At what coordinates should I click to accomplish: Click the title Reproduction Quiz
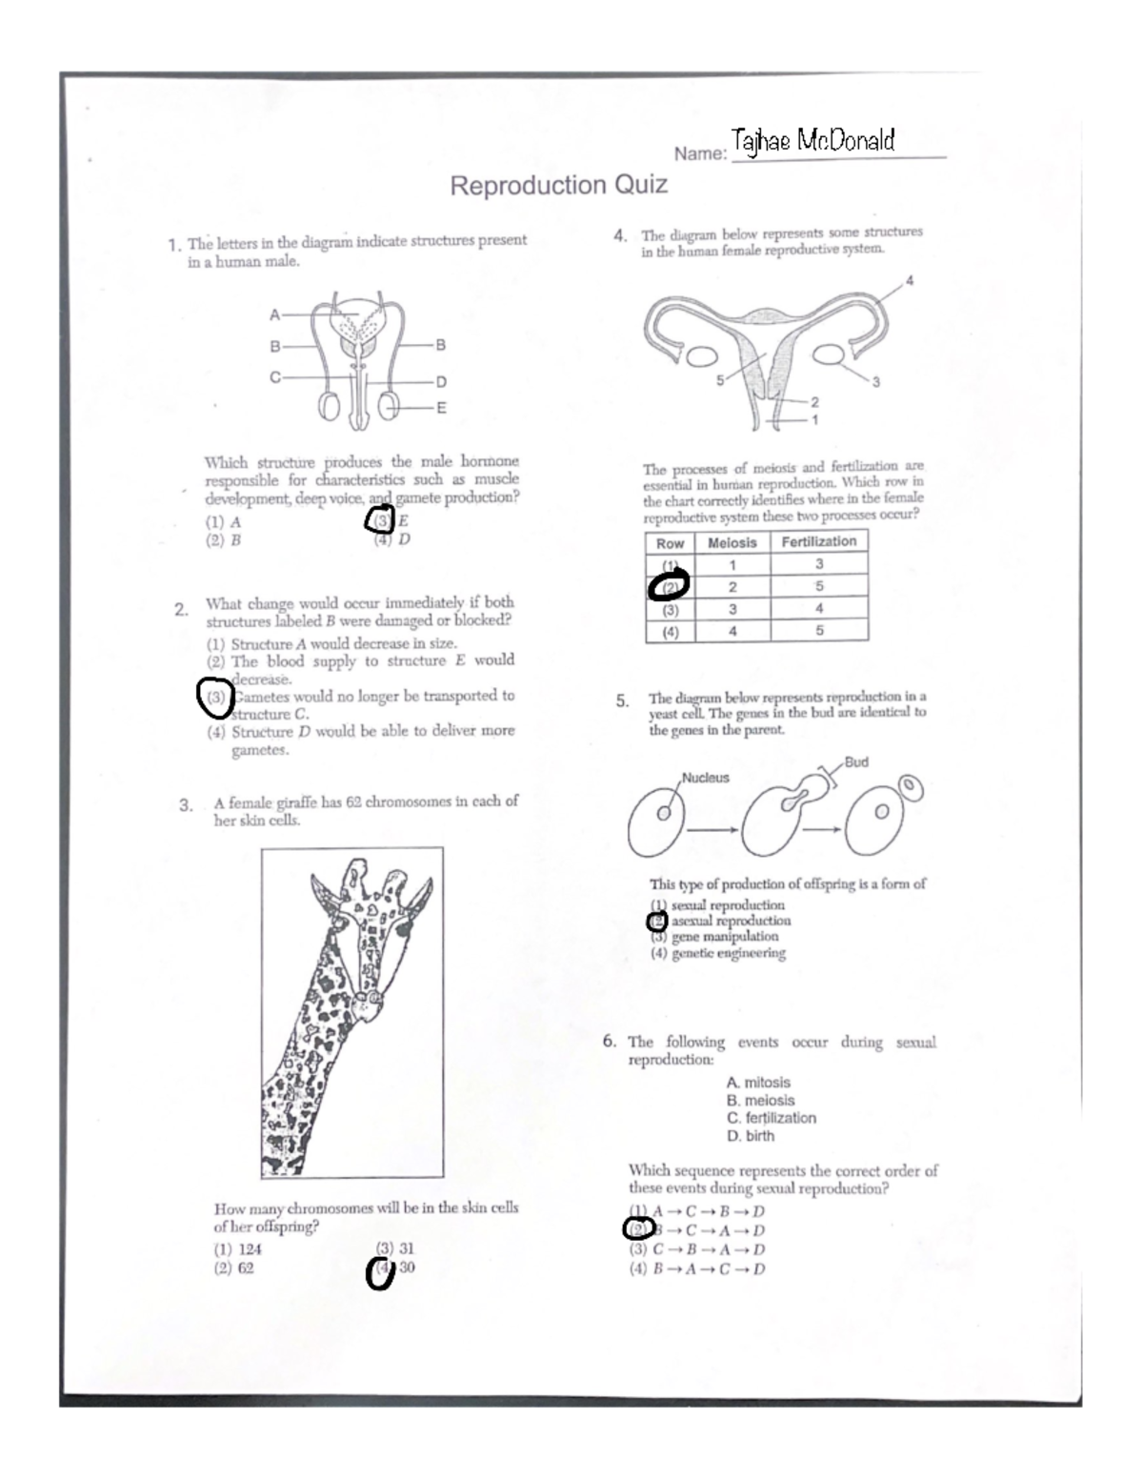pyautogui.click(x=558, y=185)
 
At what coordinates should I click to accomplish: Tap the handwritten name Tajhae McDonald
pyautogui.click(x=812, y=142)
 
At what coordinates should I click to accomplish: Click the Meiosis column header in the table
pyautogui.click(x=732, y=542)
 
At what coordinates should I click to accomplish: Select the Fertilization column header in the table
pyautogui.click(x=818, y=541)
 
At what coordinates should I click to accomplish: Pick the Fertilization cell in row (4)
pyautogui.click(x=819, y=630)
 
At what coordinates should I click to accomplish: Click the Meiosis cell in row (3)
pyautogui.click(x=732, y=609)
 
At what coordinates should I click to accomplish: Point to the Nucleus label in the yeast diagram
pyautogui.click(x=705, y=778)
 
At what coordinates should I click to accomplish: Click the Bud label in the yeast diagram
pyautogui.click(x=855, y=762)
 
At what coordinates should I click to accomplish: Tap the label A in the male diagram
pyautogui.click(x=274, y=314)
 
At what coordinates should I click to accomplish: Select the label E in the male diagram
pyautogui.click(x=440, y=408)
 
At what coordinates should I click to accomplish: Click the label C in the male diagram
pyautogui.click(x=274, y=376)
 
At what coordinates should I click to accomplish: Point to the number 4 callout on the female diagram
pyautogui.click(x=909, y=280)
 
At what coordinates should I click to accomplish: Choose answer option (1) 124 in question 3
pyautogui.click(x=237, y=1249)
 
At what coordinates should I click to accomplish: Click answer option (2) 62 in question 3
pyautogui.click(x=233, y=1268)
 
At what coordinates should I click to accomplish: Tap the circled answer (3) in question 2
pyautogui.click(x=215, y=697)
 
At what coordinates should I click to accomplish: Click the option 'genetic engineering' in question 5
pyautogui.click(x=718, y=953)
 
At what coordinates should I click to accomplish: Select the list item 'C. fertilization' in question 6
pyautogui.click(x=771, y=1118)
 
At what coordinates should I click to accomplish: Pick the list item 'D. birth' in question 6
pyautogui.click(x=750, y=1136)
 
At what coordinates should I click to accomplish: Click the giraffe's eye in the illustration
pyautogui.click(x=401, y=924)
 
